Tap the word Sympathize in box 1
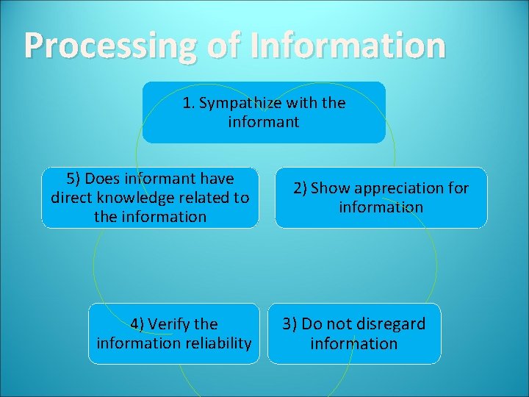(x=235, y=103)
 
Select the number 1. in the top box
(x=189, y=103)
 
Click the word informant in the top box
(x=264, y=122)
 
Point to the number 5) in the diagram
(x=73, y=179)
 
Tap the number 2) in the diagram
(x=301, y=188)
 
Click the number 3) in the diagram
(x=290, y=324)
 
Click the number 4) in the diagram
(x=139, y=323)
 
